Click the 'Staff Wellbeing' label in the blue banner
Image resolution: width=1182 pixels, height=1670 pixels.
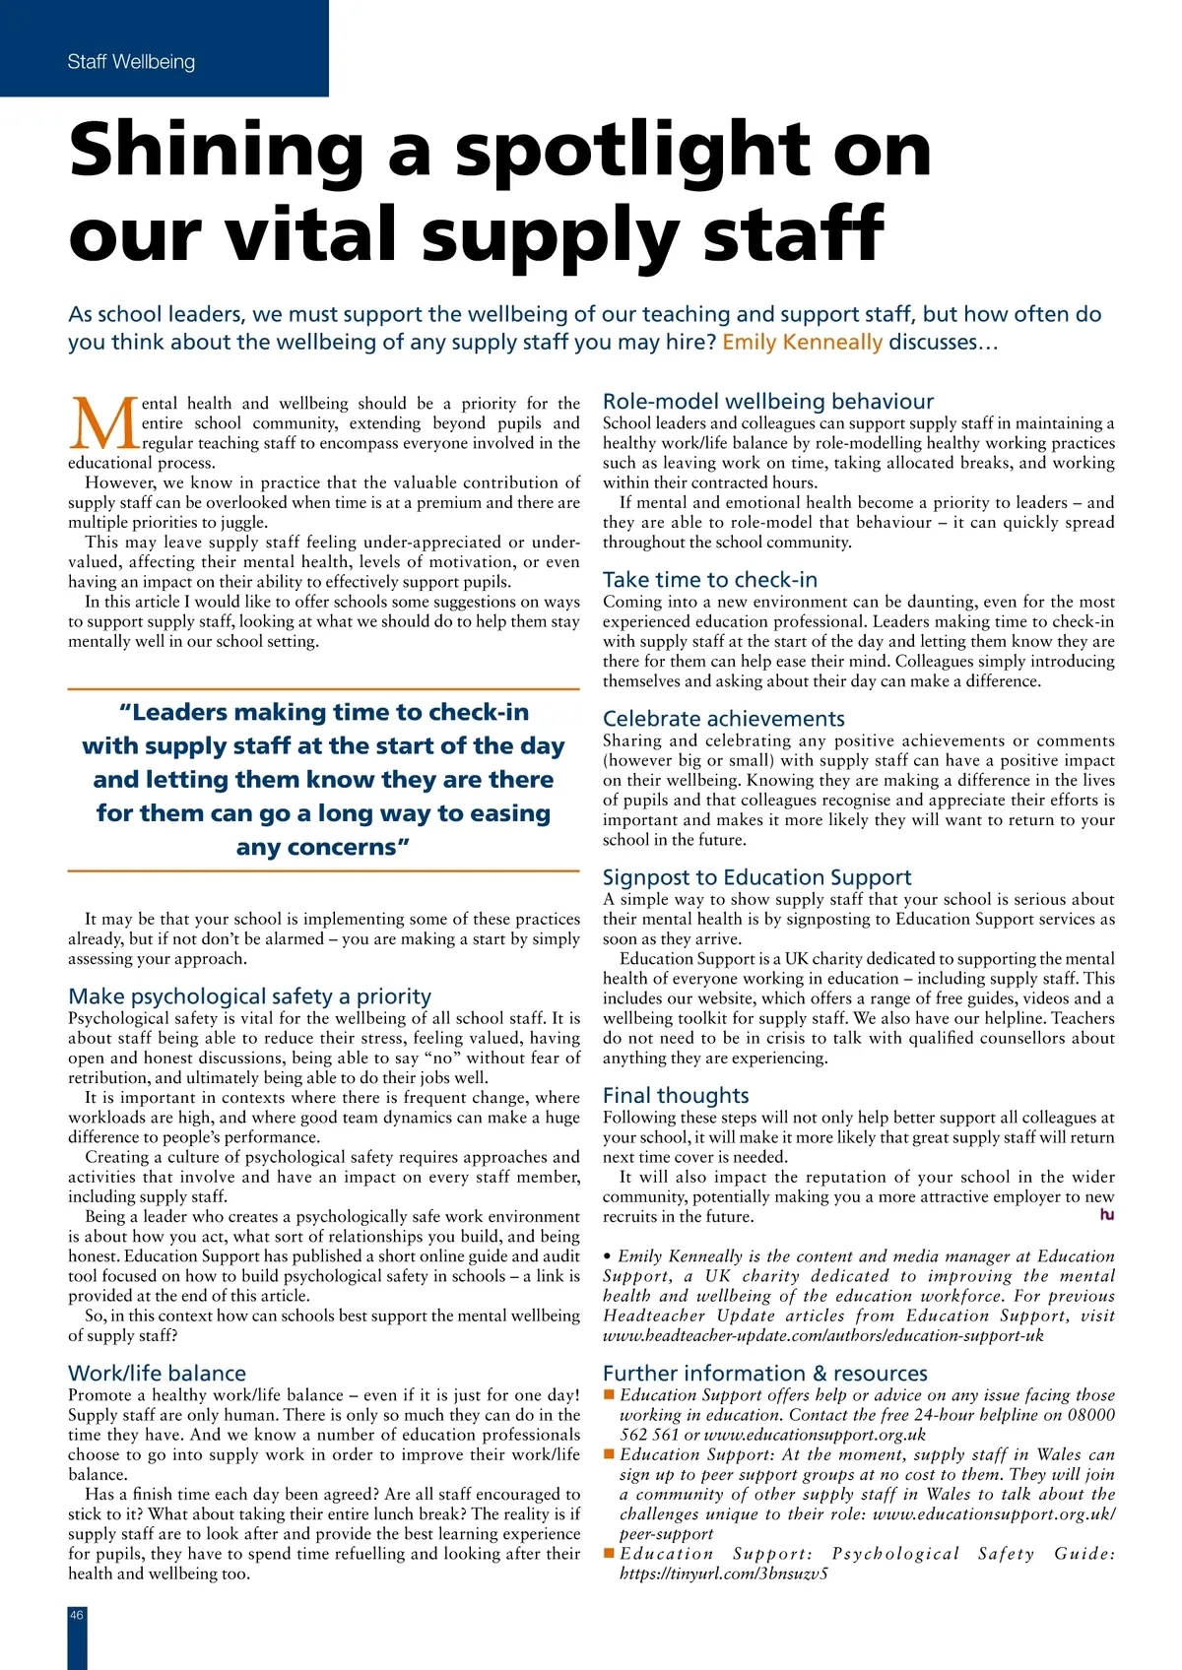(x=131, y=62)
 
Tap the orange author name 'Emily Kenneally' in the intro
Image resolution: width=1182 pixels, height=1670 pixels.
(x=802, y=342)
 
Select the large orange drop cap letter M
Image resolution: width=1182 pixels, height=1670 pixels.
(x=103, y=423)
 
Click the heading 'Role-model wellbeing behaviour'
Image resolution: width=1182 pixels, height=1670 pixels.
(x=768, y=401)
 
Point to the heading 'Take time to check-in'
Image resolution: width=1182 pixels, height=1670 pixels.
(x=710, y=579)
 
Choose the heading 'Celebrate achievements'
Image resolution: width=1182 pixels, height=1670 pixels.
(x=724, y=718)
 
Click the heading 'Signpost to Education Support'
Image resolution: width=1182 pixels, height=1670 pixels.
(x=756, y=876)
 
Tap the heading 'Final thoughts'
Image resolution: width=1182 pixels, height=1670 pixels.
(x=676, y=1095)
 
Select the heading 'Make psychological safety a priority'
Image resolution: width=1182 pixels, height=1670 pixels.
(x=250, y=996)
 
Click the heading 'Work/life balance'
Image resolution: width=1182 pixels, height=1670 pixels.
(x=157, y=1373)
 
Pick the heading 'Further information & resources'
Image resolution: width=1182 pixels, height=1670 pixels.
(x=765, y=1373)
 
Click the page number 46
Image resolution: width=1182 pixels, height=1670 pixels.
(x=77, y=1615)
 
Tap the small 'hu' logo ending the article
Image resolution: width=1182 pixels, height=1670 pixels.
(x=1107, y=1215)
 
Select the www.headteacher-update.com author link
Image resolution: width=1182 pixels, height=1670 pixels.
(x=823, y=1335)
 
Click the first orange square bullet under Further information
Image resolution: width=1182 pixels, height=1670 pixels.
(x=609, y=1394)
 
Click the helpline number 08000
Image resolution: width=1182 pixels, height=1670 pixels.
(x=1091, y=1415)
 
